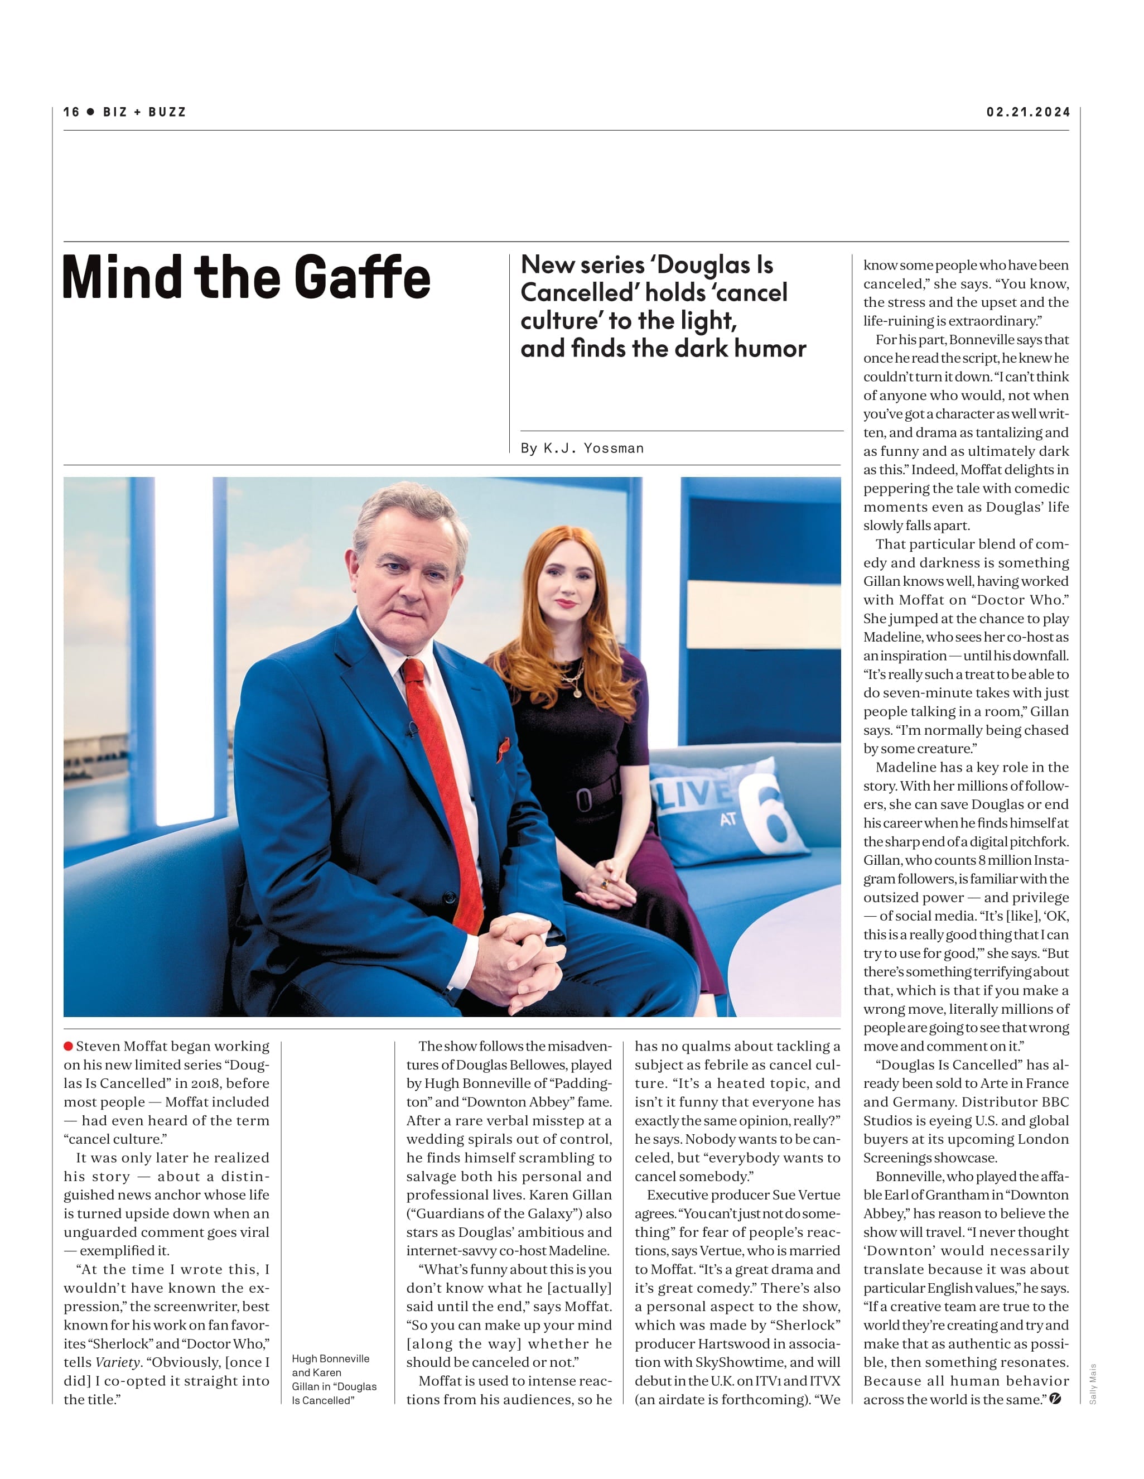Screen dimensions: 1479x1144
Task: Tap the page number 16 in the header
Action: [71, 112]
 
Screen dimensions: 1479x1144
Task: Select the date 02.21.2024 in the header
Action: [1027, 112]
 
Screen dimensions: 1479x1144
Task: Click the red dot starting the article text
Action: [69, 1046]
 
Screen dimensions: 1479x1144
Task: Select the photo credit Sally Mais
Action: [1093, 1384]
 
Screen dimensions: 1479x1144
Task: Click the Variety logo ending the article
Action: [1055, 1399]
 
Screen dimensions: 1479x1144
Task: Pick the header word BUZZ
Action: [167, 112]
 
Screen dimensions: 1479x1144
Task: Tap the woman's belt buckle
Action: [584, 800]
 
